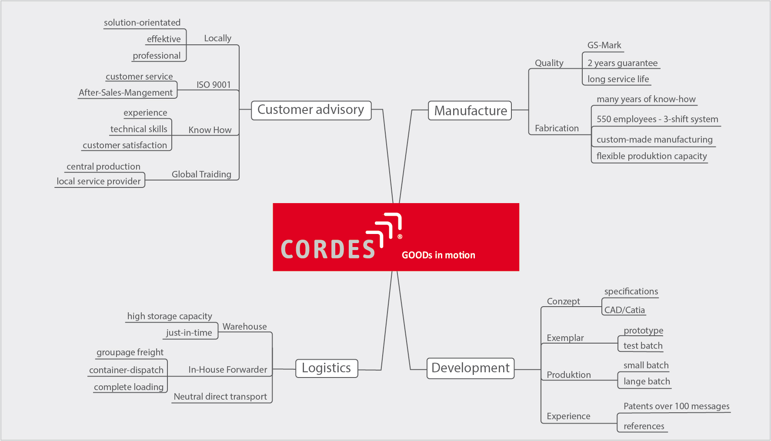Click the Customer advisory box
point(311,110)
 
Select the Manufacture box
point(470,110)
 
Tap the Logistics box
point(327,368)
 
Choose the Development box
point(471,368)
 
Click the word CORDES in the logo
point(328,249)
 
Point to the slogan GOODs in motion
point(438,255)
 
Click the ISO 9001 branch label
point(214,85)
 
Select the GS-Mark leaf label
point(604,45)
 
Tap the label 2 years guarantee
point(622,63)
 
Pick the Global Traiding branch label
point(201,174)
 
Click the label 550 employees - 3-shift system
point(657,119)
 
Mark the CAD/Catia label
point(624,310)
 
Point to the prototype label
point(643,331)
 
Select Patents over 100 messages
point(676,406)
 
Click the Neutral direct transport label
point(220,397)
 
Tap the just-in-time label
point(189,333)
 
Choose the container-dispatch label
point(126,370)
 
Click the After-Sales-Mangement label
point(126,93)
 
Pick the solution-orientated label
point(142,23)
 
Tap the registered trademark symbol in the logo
point(400,237)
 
